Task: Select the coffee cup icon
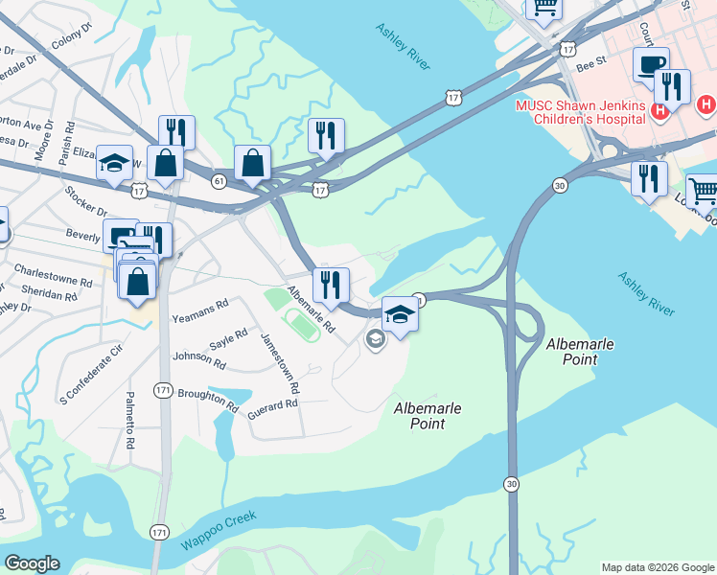pyautogui.click(x=651, y=65)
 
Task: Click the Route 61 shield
pyautogui.click(x=219, y=181)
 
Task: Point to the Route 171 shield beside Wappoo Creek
pyautogui.click(x=159, y=531)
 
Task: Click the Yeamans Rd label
pyautogui.click(x=199, y=310)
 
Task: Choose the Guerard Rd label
pyautogui.click(x=272, y=407)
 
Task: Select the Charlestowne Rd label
pyautogui.click(x=58, y=283)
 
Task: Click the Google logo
pyautogui.click(x=32, y=563)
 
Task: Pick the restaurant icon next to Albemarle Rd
pyautogui.click(x=331, y=286)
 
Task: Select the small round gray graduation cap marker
pyautogui.click(x=374, y=338)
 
